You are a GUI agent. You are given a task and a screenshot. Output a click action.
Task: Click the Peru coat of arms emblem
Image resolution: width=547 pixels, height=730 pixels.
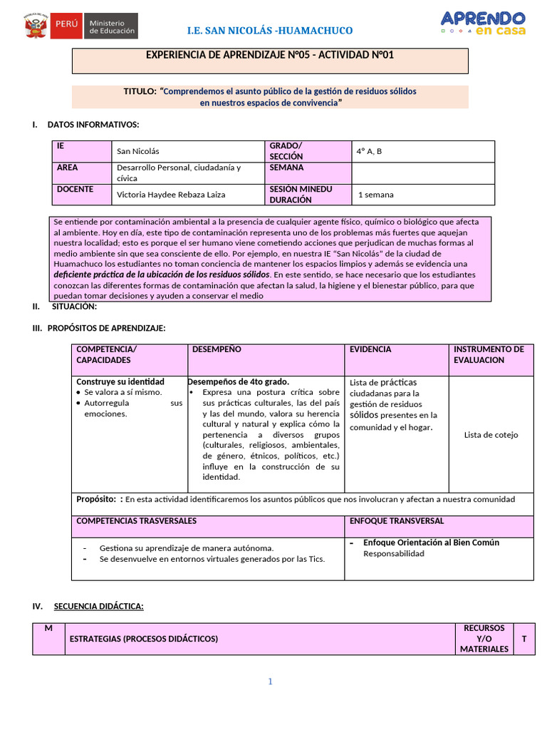pyautogui.click(x=36, y=27)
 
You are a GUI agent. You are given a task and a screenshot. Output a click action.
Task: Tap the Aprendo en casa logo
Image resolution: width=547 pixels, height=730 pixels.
pyautogui.click(x=483, y=23)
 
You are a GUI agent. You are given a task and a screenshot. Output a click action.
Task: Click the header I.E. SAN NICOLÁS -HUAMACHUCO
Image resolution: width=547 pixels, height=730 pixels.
pyautogui.click(x=269, y=31)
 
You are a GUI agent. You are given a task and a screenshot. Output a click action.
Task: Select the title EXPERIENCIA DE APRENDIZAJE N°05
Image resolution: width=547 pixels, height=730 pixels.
pyautogui.click(x=269, y=56)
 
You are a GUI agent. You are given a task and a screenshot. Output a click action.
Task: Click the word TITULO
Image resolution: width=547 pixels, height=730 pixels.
pyautogui.click(x=140, y=91)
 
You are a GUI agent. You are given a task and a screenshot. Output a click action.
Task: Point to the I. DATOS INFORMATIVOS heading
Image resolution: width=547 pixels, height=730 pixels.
pyautogui.click(x=93, y=125)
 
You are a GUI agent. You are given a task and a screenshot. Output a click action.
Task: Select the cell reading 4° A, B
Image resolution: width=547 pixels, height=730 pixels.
pyautogui.click(x=370, y=151)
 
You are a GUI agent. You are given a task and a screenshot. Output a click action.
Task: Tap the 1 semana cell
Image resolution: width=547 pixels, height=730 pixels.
pyautogui.click(x=376, y=194)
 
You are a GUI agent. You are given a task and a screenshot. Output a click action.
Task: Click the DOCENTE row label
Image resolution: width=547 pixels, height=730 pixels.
pyautogui.click(x=75, y=190)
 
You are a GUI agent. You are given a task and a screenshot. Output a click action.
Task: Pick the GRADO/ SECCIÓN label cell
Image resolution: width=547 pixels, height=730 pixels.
pyautogui.click(x=286, y=151)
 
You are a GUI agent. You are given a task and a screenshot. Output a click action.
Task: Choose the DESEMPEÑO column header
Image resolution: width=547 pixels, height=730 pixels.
pyautogui.click(x=217, y=349)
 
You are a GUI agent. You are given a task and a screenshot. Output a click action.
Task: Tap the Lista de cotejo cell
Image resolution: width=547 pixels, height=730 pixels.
pyautogui.click(x=491, y=435)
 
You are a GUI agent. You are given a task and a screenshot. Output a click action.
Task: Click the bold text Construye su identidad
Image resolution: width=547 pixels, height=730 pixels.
pyautogui.click(x=120, y=382)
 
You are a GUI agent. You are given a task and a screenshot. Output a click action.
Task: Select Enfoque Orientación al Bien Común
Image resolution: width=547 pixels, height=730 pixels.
pyautogui.click(x=431, y=543)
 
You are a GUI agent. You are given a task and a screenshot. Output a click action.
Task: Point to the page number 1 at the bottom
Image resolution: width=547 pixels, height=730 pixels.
pyautogui.click(x=271, y=682)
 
